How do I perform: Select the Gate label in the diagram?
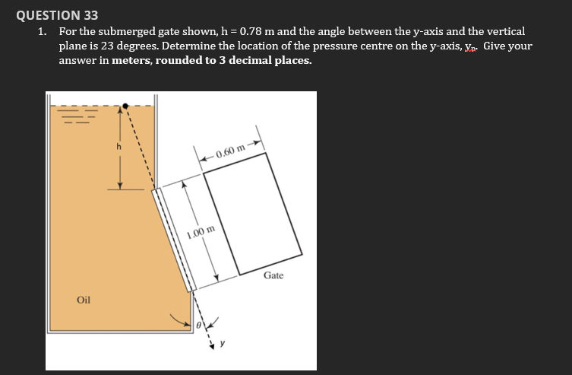[273, 275]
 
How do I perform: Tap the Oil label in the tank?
[84, 300]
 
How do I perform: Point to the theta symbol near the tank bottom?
[198, 325]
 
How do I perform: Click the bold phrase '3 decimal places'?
[267, 59]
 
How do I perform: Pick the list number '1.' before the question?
[44, 32]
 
